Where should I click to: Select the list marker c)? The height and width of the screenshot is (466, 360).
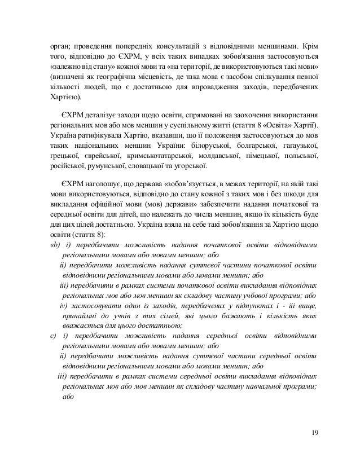[52, 336]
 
